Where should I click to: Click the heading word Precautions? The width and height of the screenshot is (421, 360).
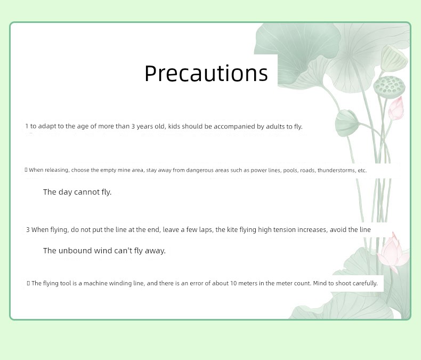[206, 74]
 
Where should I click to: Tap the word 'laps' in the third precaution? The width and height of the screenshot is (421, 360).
[206, 230]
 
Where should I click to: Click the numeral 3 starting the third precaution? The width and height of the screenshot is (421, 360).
[28, 230]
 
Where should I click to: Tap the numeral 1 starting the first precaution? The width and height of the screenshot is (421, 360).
[27, 126]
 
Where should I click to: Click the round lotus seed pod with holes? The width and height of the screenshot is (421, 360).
[389, 87]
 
